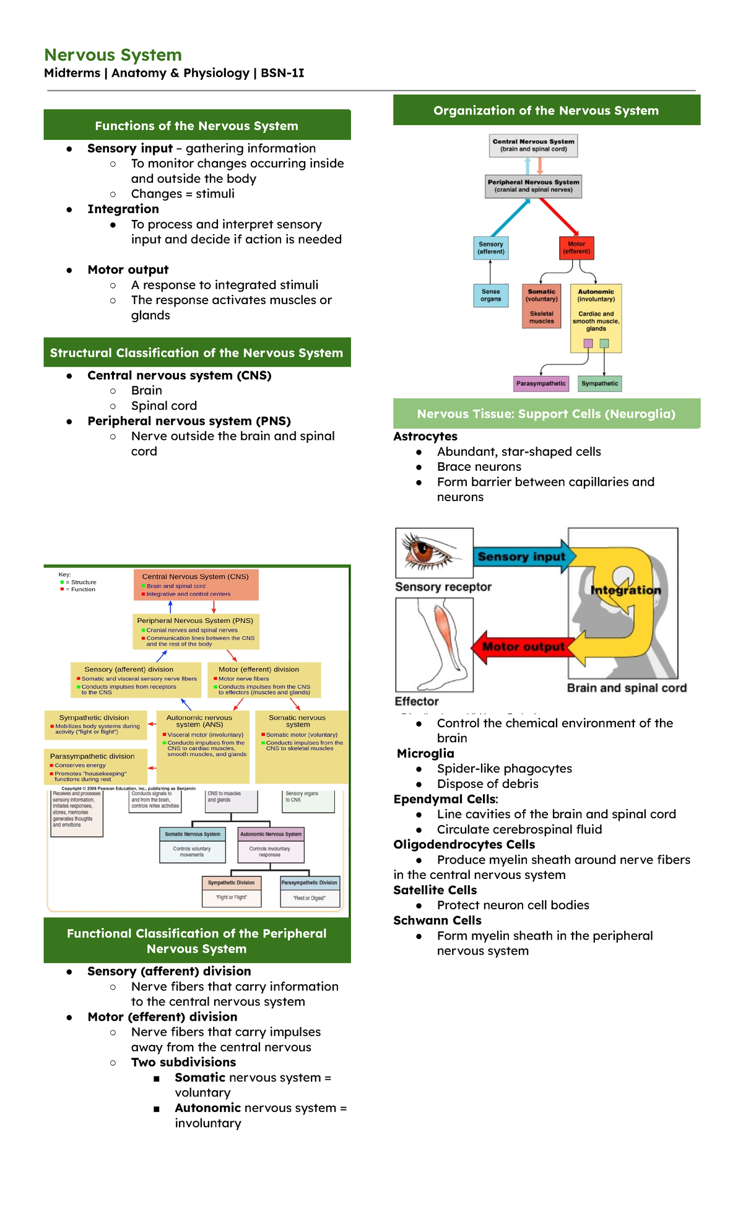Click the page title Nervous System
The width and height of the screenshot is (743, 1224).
point(113,55)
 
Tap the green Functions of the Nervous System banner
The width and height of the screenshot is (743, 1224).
point(196,126)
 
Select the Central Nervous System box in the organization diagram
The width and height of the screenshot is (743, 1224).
point(533,145)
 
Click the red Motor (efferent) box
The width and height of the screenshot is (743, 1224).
point(576,248)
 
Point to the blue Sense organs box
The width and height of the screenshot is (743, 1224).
point(490,295)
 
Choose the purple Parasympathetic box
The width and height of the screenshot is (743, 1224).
point(541,383)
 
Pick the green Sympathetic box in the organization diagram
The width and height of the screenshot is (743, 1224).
point(599,383)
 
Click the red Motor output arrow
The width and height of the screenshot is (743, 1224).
point(522,647)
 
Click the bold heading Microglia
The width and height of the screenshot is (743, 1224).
point(425,753)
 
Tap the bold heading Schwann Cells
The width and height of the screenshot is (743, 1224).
point(437,920)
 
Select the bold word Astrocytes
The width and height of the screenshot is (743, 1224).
point(425,436)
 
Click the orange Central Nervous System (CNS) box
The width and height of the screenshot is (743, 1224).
point(196,585)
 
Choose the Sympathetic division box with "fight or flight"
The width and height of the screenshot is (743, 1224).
point(95,725)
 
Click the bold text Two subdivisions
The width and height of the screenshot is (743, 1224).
point(183,1062)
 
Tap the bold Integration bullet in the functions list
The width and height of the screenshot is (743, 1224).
point(123,209)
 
